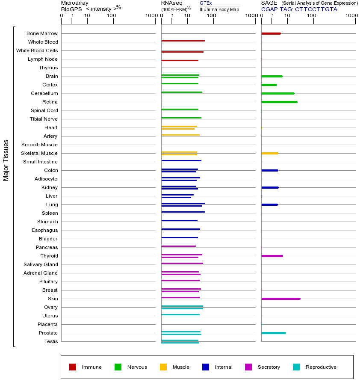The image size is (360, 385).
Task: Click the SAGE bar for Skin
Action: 280,299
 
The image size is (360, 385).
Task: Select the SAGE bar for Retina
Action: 279,102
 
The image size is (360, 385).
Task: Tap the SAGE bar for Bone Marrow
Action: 271,33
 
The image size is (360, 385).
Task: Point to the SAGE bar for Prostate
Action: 273,333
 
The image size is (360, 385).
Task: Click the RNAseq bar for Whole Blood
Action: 183,41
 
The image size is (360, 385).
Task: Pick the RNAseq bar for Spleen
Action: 183,212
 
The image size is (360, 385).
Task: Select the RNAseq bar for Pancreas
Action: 178,246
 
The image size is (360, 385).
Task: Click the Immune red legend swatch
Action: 73,367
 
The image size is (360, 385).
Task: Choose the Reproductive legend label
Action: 321,367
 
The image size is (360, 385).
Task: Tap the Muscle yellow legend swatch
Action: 163,367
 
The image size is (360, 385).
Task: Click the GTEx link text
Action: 206,3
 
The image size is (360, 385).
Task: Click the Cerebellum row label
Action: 44,93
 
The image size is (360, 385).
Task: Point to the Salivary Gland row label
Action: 41,264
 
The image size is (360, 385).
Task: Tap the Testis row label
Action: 51,341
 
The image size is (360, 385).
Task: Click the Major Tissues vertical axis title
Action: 6,160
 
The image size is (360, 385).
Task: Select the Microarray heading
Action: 75,3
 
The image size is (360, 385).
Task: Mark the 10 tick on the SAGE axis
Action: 287,16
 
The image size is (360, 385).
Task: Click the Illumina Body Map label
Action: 219,9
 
